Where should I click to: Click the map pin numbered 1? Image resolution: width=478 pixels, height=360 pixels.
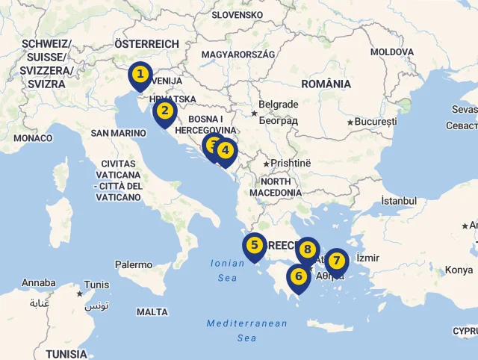[139, 75]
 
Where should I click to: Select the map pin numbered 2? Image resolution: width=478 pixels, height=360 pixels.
[164, 114]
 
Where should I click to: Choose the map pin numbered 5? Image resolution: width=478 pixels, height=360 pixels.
[254, 245]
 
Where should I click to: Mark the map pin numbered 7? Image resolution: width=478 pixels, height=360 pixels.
[337, 261]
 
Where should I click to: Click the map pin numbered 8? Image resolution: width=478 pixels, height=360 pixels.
[307, 249]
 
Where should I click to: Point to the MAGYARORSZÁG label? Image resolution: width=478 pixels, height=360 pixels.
[238, 55]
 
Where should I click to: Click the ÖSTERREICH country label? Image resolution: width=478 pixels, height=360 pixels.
[146, 44]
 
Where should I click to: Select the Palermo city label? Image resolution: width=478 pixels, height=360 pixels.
[134, 264]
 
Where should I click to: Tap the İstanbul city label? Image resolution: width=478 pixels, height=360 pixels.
[399, 201]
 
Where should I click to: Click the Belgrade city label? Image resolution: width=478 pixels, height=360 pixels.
[278, 105]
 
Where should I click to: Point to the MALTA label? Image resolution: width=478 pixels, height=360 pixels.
[152, 312]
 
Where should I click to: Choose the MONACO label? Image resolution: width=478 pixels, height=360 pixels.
[33, 138]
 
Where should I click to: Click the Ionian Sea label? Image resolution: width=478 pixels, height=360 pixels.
[224, 270]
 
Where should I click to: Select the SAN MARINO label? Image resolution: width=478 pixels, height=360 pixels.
[118, 133]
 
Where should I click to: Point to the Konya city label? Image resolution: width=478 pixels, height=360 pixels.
[459, 270]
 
